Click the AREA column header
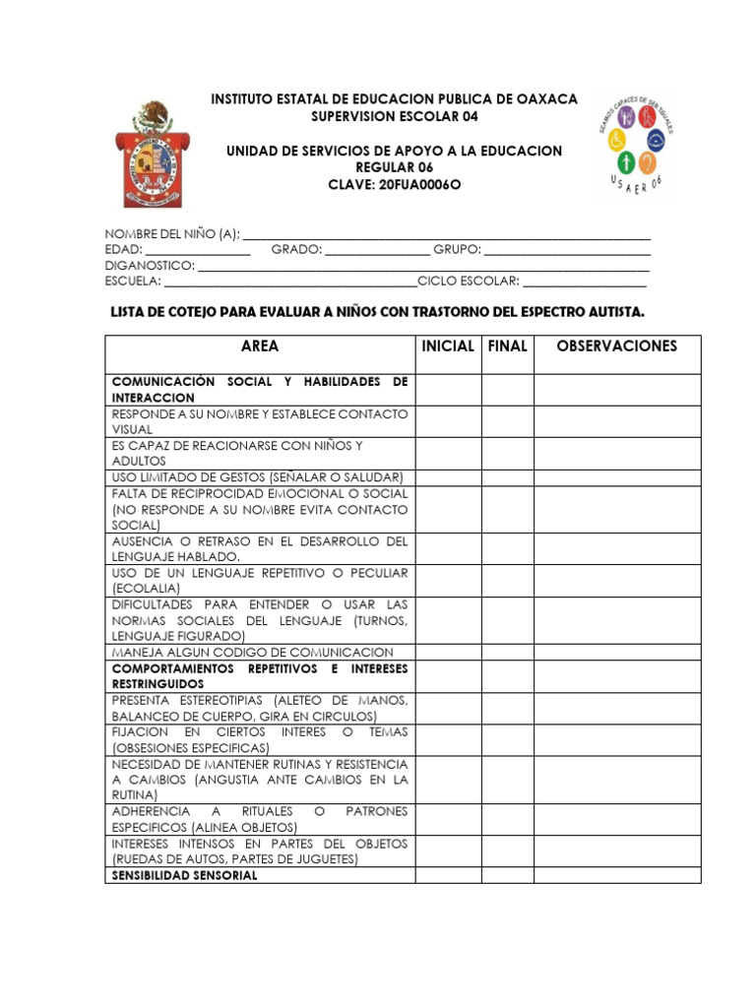[x=260, y=346]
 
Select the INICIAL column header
[x=448, y=346]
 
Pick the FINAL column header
[x=507, y=346]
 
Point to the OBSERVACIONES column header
[x=617, y=346]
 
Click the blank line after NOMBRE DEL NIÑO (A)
[x=446, y=235]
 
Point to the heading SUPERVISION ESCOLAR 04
[x=395, y=116]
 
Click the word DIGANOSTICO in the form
[x=151, y=266]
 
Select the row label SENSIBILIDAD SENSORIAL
[x=185, y=875]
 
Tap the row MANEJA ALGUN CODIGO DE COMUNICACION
[x=253, y=652]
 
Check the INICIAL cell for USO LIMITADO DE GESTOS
[x=448, y=477]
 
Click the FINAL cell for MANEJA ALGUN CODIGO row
[x=507, y=652]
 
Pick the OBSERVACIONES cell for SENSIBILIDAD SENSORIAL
[x=617, y=875]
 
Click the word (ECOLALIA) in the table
[x=147, y=589]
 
